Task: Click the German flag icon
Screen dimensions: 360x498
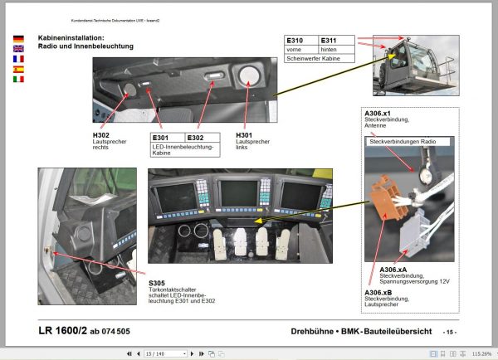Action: (18, 39)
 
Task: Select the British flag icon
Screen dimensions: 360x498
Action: (18, 49)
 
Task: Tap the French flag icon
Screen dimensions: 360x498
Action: (18, 59)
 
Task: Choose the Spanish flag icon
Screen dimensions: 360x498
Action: (18, 70)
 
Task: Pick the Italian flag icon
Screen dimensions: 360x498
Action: (18, 80)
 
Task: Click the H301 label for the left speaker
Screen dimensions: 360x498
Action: (247, 135)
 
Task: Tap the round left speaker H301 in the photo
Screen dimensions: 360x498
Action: (247, 77)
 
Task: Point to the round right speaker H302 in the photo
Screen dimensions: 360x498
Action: (129, 89)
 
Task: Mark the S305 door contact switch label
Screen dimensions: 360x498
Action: (158, 282)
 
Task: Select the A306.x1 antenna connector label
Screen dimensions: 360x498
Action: (378, 113)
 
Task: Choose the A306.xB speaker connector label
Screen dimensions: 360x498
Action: (380, 293)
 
